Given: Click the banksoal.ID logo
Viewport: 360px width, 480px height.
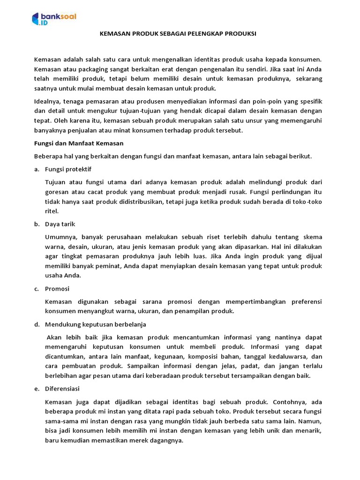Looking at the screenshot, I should tap(54, 19).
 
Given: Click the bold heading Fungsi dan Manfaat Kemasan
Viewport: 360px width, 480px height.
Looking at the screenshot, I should tap(79, 143).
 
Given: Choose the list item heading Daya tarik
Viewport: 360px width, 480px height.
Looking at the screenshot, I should tap(60, 224).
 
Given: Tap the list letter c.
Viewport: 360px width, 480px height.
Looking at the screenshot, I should tap(36, 288).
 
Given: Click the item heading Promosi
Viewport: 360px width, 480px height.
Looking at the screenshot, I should tap(58, 288).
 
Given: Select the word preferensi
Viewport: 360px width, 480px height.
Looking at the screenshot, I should tap(305, 301).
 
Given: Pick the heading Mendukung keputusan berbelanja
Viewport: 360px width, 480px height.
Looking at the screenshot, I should tap(96, 324).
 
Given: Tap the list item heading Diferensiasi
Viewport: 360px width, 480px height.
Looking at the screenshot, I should tap(62, 389).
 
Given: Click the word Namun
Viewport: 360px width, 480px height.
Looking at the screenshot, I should tap(311, 421).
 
